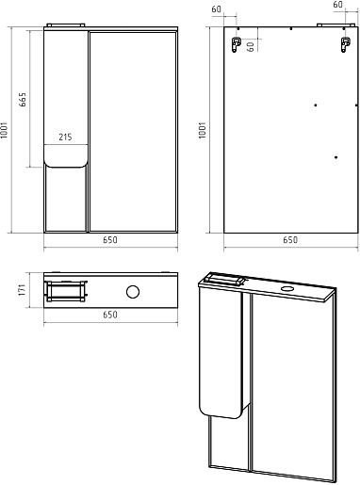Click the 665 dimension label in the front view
click(x=23, y=100)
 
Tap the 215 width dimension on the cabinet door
click(x=65, y=137)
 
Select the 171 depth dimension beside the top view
click(x=22, y=290)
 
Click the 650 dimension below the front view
click(x=110, y=240)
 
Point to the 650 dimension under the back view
click(x=290, y=240)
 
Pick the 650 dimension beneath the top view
click(x=110, y=315)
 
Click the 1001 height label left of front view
click(x=4, y=130)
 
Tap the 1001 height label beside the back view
click(x=203, y=130)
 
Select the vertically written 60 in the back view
click(x=251, y=47)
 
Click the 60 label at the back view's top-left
click(x=217, y=9)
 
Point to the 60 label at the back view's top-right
click(x=338, y=5)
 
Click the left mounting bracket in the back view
click(x=236, y=44)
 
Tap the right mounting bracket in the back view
click(x=346, y=44)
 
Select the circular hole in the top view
click(x=133, y=292)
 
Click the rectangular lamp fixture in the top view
click(x=66, y=291)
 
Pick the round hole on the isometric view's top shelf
click(x=286, y=288)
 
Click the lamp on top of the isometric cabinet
click(x=224, y=279)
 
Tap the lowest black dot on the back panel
click(x=335, y=157)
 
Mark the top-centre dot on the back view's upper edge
click(x=291, y=29)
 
